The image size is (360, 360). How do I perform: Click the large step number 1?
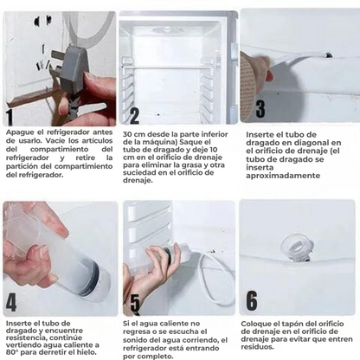10,116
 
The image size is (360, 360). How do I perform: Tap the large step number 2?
134,116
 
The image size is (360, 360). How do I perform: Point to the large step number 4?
11,303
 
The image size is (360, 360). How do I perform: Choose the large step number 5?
134,303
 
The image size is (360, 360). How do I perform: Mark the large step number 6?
252,300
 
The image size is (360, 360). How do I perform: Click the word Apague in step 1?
19,131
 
